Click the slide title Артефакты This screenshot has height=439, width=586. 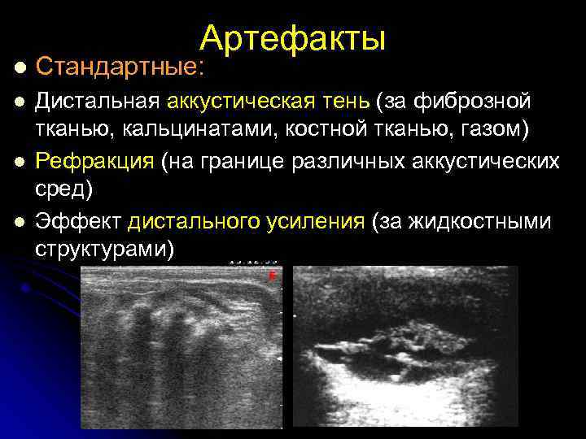pos(293,37)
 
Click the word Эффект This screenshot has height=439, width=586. pos(78,220)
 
